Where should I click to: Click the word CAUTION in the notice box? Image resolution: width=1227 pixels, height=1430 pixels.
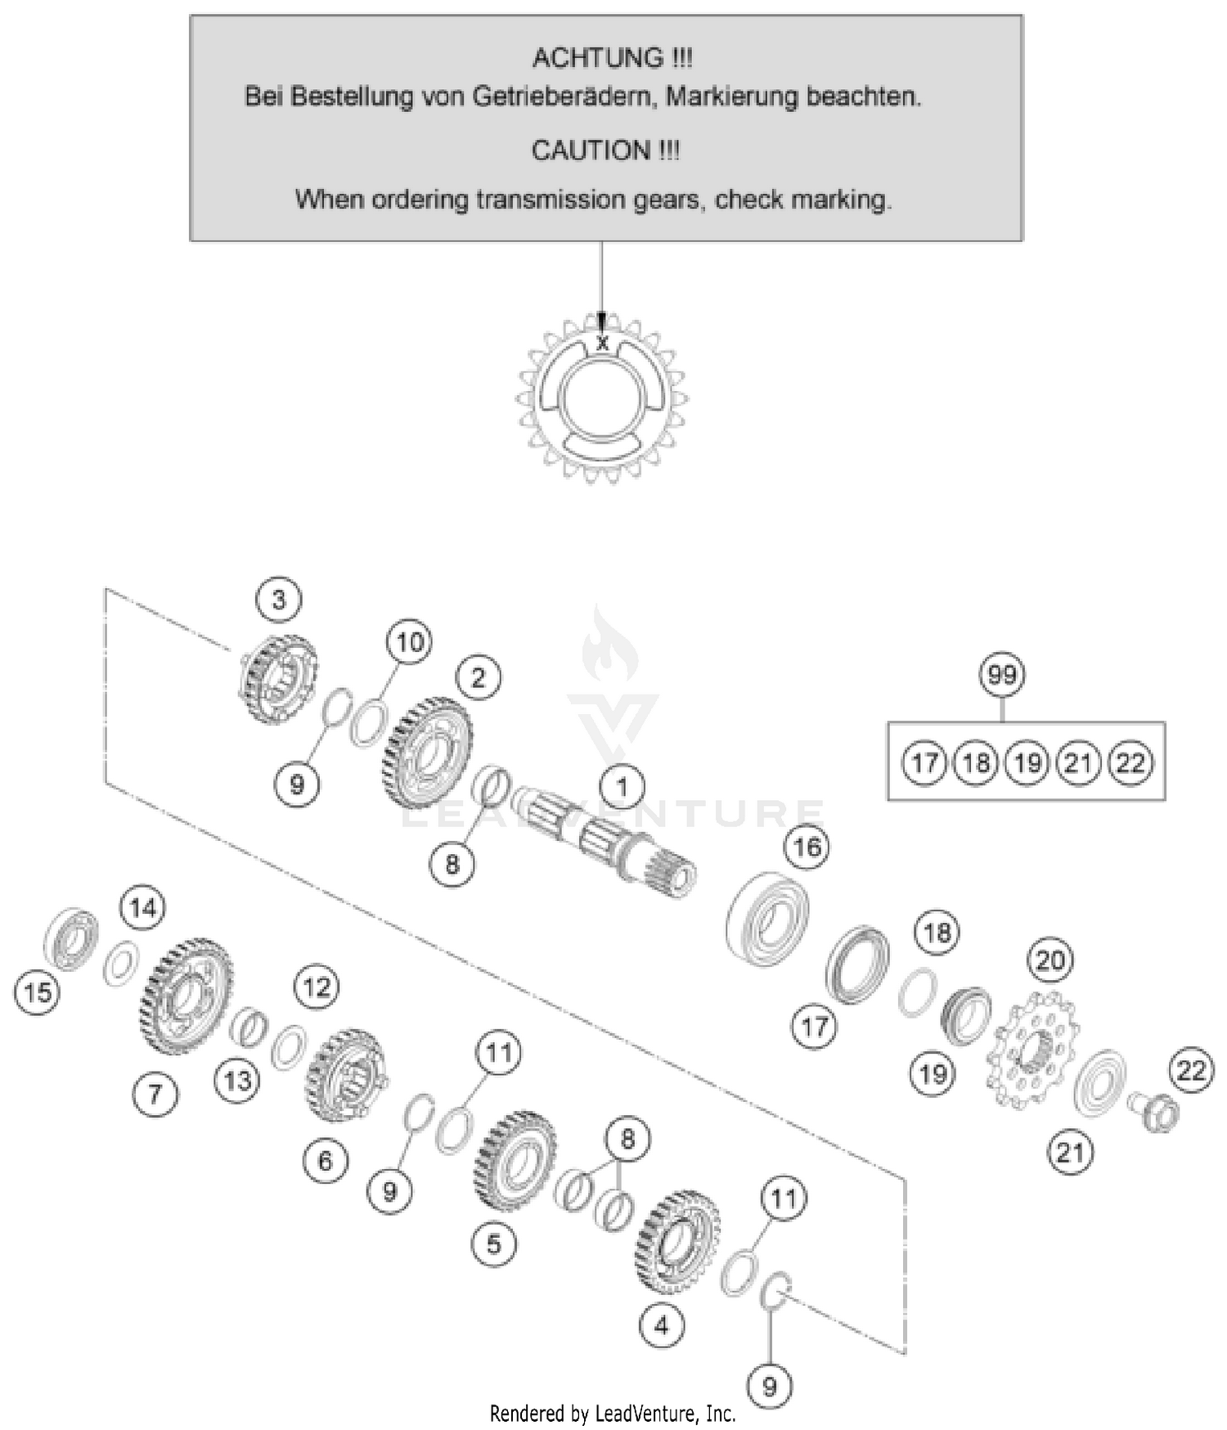pos(591,151)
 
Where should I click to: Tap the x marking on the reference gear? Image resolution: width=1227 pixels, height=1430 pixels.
pos(603,344)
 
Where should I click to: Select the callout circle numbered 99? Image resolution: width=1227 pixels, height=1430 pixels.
pos(1002,675)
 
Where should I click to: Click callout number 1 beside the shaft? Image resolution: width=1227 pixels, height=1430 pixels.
pos(622,787)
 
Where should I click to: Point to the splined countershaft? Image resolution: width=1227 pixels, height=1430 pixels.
pos(605,843)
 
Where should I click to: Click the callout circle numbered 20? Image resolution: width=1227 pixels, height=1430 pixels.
pos(1050,960)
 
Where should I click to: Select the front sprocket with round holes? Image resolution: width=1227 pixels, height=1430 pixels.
pos(1032,1050)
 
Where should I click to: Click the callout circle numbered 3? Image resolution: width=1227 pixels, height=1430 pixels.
pos(278,600)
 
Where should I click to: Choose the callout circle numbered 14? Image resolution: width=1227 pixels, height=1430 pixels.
pos(143,907)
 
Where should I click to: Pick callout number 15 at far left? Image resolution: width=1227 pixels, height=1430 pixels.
pos(38,992)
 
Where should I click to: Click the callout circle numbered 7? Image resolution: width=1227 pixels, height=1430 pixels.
pos(155,1094)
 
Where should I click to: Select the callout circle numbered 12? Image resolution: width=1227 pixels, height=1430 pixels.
pos(317,987)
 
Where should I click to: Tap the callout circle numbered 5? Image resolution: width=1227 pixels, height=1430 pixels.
pos(494,1243)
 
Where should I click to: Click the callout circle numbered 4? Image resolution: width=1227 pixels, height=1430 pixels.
pos(661,1324)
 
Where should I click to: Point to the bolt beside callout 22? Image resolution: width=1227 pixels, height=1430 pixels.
pos(1155,1113)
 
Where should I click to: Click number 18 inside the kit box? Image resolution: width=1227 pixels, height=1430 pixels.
pos(976,763)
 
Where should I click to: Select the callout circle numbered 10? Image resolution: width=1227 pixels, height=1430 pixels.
pos(409,641)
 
